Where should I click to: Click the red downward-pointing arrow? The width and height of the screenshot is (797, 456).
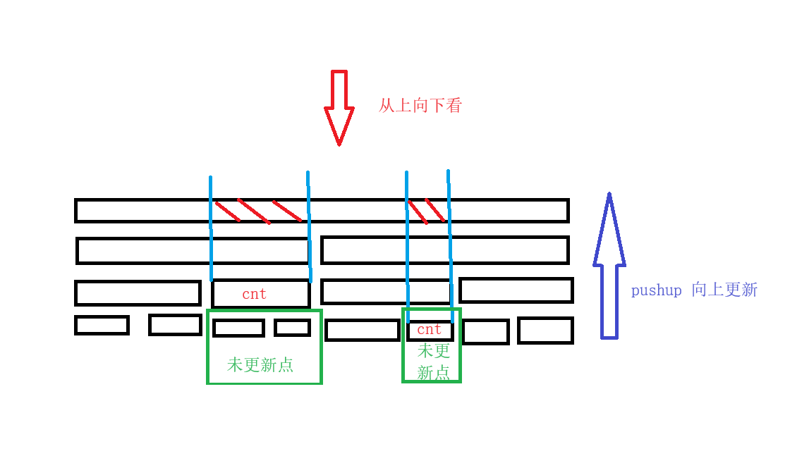[x=339, y=108]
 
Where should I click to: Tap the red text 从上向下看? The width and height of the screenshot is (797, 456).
[x=420, y=106]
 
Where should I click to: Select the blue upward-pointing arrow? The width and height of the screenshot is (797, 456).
[x=609, y=265]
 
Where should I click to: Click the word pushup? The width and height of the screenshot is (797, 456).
[x=656, y=290]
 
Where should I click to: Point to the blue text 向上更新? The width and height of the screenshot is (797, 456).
[x=724, y=290]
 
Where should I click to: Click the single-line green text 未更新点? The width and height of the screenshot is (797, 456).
[x=260, y=364]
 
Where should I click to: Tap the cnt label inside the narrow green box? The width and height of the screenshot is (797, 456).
[x=429, y=330]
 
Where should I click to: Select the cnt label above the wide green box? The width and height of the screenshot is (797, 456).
[x=254, y=294]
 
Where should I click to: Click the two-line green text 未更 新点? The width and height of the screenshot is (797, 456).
[x=434, y=362]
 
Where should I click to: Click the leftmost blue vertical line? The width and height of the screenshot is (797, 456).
[x=211, y=228]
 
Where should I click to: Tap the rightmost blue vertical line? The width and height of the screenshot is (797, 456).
[x=450, y=246]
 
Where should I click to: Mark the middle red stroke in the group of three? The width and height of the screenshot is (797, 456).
[x=254, y=211]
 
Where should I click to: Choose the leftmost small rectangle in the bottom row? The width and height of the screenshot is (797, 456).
[x=102, y=325]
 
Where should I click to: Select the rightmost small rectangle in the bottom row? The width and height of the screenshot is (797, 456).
[x=545, y=331]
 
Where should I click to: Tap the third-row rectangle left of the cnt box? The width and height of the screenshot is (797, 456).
[x=138, y=293]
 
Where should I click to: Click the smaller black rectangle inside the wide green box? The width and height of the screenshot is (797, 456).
[x=292, y=328]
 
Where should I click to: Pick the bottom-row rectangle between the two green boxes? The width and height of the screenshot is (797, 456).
[x=363, y=330]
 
